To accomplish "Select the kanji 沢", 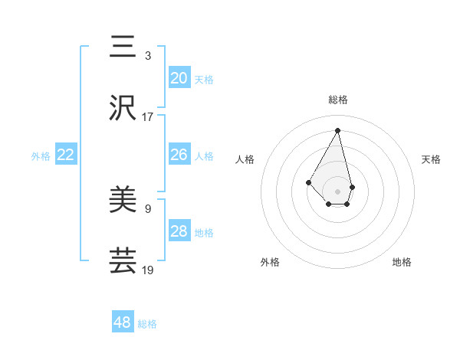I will click(123, 110).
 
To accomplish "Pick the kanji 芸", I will click(123, 261).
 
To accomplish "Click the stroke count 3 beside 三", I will click(148, 55).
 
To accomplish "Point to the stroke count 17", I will click(148, 117).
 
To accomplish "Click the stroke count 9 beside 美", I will click(148, 208).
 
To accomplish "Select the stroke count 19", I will click(148, 270).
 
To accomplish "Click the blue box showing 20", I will click(179, 78).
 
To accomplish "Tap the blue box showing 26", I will click(179, 155).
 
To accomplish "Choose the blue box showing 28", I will click(179, 231).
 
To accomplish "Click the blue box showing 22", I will click(66, 155).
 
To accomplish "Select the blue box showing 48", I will click(123, 322).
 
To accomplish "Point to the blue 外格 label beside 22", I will click(41, 156).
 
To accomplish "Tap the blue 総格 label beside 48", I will click(147, 324).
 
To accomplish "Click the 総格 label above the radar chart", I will click(338, 100).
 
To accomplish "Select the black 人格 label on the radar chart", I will click(245, 159).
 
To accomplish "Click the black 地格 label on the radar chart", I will click(402, 262).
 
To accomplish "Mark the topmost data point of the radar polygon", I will click(338, 129).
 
